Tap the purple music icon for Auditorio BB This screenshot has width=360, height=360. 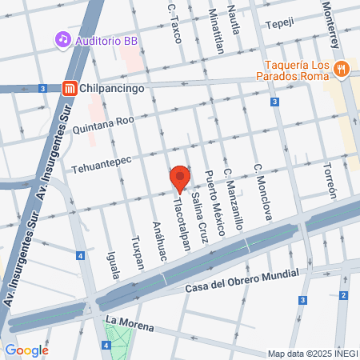[x=62, y=39]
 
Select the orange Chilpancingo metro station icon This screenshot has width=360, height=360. [x=70, y=89]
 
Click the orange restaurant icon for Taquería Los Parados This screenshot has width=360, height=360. [x=342, y=69]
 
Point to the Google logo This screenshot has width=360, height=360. [x=26, y=350]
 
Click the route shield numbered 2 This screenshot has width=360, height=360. [x=342, y=296]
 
